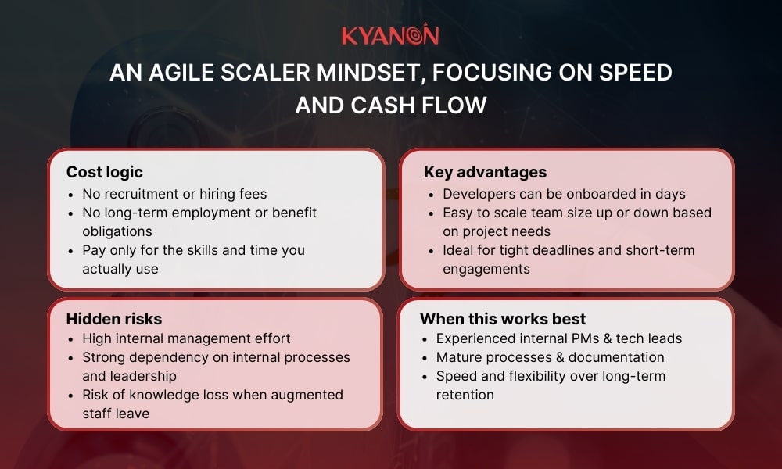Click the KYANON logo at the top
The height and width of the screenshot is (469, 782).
(x=390, y=35)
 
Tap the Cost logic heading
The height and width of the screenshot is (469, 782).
(x=104, y=172)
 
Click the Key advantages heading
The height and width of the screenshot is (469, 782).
(x=485, y=172)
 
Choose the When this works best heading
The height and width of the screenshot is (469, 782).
(x=503, y=318)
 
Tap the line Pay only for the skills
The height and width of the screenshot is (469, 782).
(x=193, y=250)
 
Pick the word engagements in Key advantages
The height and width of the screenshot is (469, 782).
(x=486, y=269)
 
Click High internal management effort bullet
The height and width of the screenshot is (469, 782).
(x=186, y=338)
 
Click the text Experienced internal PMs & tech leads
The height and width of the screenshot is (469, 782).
(x=559, y=338)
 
